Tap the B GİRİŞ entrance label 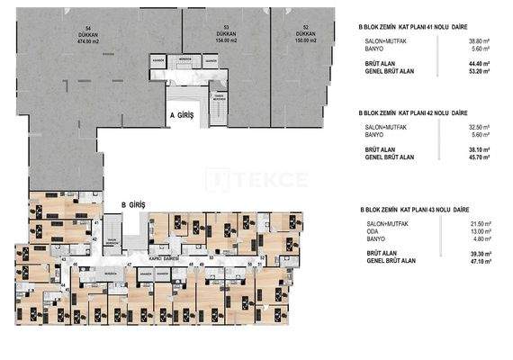coord(134,205)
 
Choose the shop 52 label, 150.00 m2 coord(307,35)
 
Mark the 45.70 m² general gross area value coord(478,157)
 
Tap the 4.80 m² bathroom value coord(479,238)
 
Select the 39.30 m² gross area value coord(478,253)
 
